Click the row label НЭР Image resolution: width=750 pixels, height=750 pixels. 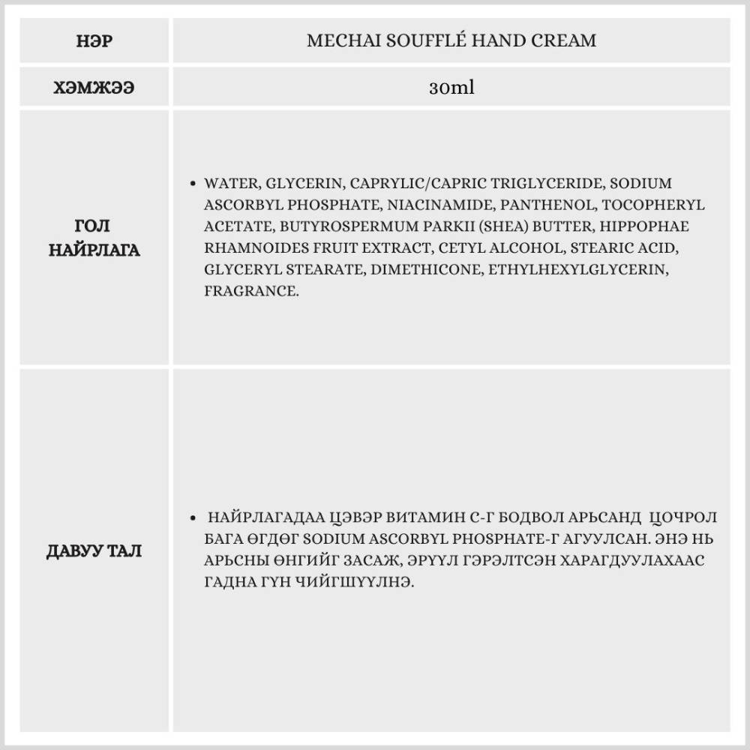(x=94, y=40)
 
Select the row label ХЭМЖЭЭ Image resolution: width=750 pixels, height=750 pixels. (x=94, y=88)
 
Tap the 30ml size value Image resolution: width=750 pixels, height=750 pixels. (x=451, y=88)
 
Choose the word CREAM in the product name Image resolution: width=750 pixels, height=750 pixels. (x=565, y=40)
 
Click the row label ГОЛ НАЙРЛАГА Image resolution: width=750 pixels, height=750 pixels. (x=94, y=238)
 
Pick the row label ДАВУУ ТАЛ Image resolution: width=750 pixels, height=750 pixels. (x=94, y=551)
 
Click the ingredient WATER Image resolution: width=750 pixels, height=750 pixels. (x=231, y=184)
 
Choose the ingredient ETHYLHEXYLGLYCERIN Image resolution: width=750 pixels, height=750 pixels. (x=577, y=269)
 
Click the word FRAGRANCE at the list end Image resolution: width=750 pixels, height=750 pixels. (x=251, y=291)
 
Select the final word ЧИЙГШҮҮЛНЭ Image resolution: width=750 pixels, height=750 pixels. (x=336, y=583)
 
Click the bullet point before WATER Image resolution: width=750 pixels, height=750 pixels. (x=194, y=184)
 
